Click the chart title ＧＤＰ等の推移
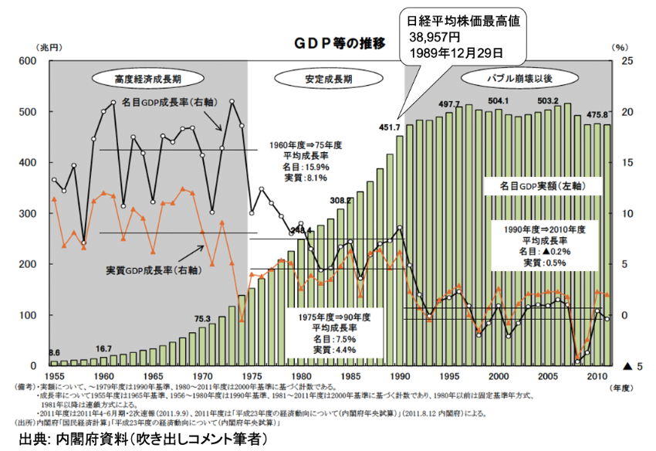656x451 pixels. click(x=338, y=43)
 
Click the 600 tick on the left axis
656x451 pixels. click(x=28, y=61)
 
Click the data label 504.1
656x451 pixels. click(x=498, y=102)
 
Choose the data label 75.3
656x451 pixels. click(x=202, y=318)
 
